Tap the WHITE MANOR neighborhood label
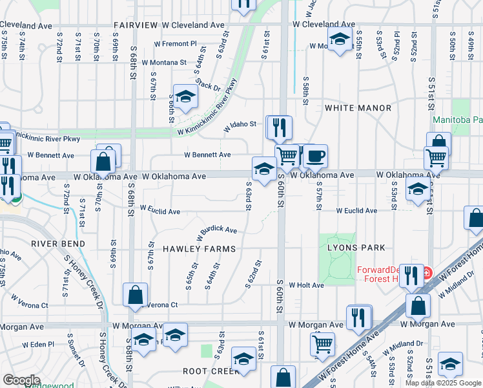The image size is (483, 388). (358, 107)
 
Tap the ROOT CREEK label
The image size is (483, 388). (211, 371)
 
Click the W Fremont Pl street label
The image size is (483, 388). (174, 43)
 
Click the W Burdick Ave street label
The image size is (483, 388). (218, 230)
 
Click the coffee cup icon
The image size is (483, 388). (315, 156)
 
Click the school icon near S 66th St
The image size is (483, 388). (185, 96)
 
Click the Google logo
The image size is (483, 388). (21, 380)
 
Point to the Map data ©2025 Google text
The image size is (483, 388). (443, 383)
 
